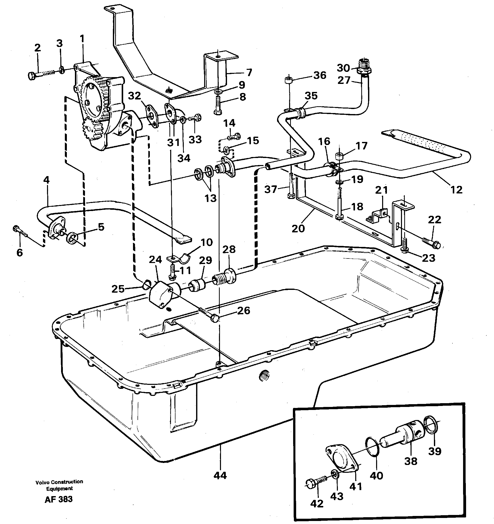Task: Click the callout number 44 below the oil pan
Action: coord(220,476)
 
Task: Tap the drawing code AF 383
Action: coord(59,499)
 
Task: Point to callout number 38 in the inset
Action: coord(411,461)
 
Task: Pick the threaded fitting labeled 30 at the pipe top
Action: coord(364,68)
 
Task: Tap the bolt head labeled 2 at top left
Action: coord(31,76)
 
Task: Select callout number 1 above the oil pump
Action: coord(82,39)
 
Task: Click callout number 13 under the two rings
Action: coord(210,198)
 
